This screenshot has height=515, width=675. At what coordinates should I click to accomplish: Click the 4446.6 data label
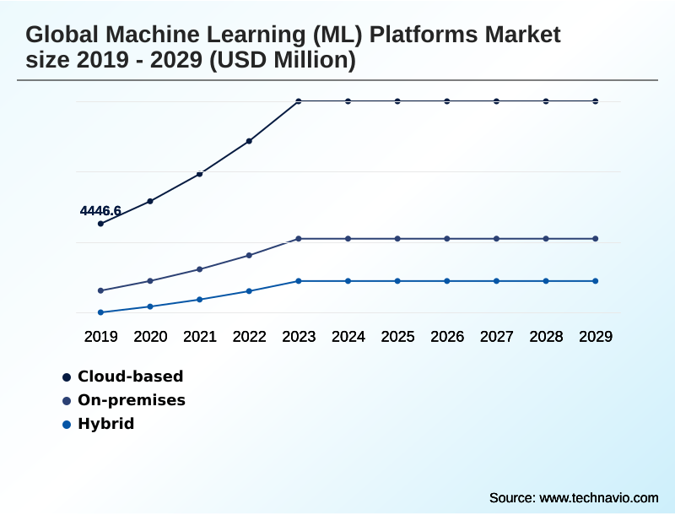(100, 210)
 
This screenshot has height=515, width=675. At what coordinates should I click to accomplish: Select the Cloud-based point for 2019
(101, 224)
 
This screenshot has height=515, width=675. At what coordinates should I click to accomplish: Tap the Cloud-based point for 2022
(249, 141)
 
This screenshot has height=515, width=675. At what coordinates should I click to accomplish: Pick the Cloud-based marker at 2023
(299, 101)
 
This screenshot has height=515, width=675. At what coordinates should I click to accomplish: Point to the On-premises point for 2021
(200, 269)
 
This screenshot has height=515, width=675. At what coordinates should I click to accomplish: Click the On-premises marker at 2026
(447, 239)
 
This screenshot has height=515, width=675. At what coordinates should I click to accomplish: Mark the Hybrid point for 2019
(101, 312)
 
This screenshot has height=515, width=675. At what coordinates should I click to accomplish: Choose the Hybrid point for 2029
(596, 281)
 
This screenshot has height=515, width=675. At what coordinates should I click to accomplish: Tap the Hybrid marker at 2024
(348, 281)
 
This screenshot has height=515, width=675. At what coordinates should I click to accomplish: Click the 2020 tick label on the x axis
(150, 337)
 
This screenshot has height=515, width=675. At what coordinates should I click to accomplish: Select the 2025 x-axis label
(397, 337)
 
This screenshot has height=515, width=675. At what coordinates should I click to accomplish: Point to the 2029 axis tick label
(596, 337)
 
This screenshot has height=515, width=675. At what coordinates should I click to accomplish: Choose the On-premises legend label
(131, 400)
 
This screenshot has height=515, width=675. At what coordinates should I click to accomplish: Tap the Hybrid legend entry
(105, 424)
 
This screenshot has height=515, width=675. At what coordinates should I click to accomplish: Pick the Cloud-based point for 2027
(496, 101)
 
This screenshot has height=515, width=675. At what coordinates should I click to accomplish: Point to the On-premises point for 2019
(101, 290)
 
